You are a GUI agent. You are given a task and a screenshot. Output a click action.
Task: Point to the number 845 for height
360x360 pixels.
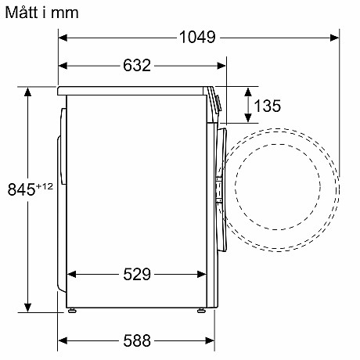(20, 189)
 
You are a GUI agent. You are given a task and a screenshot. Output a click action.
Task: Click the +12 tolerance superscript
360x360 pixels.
(45, 185)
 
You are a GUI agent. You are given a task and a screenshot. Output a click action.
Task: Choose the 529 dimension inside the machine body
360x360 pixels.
(137, 274)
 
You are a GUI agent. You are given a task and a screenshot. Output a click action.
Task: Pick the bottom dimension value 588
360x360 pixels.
(136, 341)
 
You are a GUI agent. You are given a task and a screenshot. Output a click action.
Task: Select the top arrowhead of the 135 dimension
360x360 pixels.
(248, 91)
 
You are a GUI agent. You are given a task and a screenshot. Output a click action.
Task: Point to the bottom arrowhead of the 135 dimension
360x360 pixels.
(248, 119)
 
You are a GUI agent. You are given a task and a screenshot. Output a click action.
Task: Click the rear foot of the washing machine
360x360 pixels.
(73, 311)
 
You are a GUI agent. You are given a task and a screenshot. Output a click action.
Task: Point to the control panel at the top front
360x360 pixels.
(214, 102)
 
